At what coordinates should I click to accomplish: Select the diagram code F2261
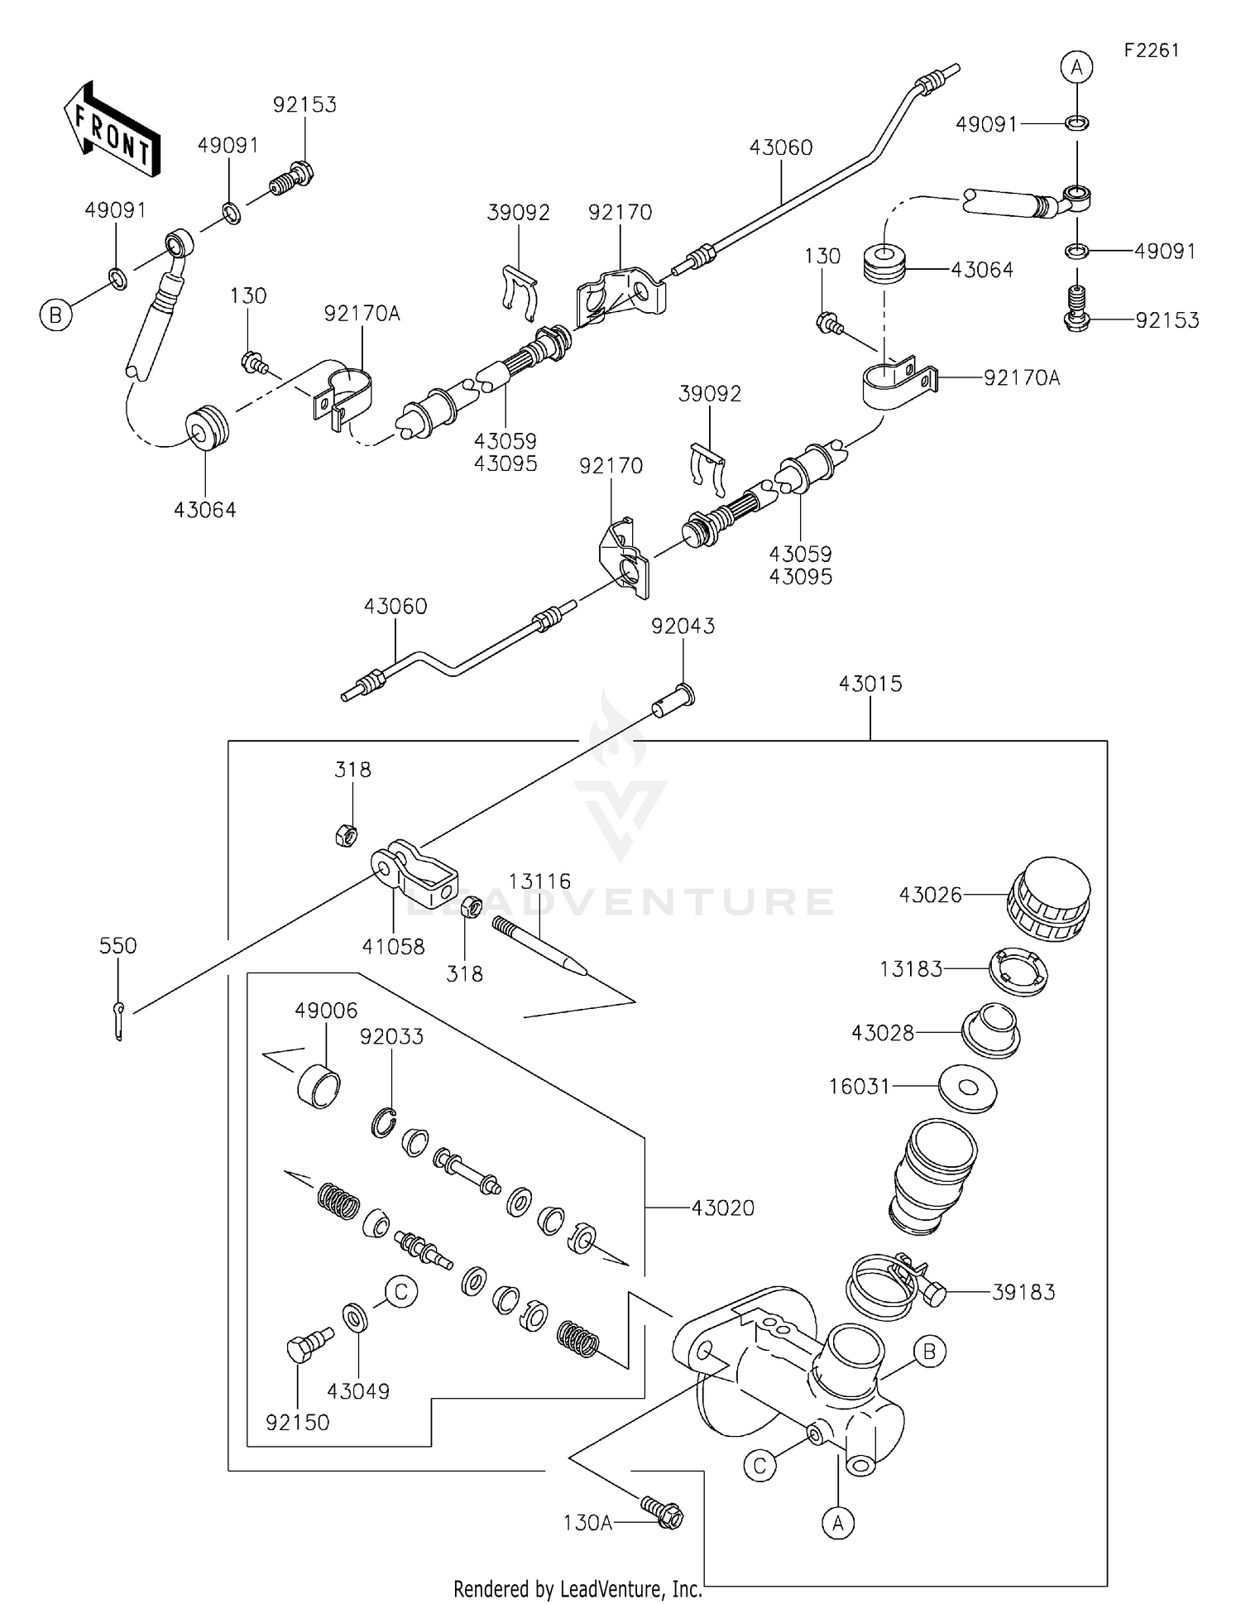(1151, 50)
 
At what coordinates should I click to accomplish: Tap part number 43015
(870, 684)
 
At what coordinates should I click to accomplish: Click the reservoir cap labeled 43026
(1048, 900)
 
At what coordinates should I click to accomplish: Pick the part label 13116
(539, 881)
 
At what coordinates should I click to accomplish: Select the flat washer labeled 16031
(968, 1088)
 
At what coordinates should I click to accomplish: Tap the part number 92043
(683, 627)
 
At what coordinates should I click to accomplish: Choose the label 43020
(723, 1208)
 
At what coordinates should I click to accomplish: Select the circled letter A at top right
(1076, 67)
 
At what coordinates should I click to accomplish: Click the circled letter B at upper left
(55, 315)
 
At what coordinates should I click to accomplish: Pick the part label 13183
(910, 968)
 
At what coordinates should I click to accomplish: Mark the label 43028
(883, 1032)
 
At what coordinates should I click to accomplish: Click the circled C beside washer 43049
(401, 1291)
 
